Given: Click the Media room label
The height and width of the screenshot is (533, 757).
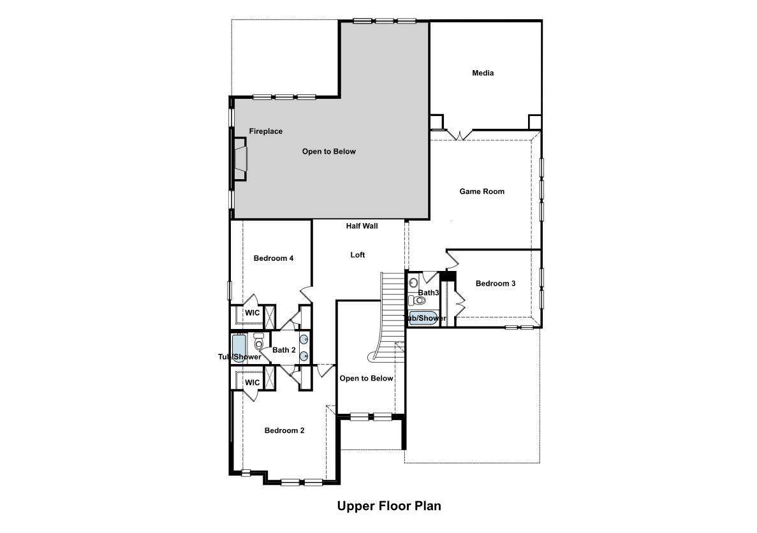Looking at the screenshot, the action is (x=483, y=73).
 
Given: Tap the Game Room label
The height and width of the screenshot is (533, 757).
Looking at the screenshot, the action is (x=482, y=191).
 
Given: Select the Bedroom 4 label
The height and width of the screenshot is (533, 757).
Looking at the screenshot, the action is (x=273, y=258).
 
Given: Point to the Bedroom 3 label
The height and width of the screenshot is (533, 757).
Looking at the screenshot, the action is (x=496, y=284).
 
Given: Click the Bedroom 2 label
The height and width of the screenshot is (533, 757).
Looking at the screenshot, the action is (x=284, y=430).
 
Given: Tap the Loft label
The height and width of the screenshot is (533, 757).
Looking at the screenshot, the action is (x=358, y=255).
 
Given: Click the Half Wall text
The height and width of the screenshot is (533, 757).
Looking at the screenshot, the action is (x=362, y=226).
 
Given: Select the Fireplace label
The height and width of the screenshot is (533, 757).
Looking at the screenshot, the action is (x=265, y=131).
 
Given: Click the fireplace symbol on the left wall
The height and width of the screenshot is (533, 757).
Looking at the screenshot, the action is (x=240, y=159).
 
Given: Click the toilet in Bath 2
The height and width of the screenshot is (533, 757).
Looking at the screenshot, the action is (x=259, y=342).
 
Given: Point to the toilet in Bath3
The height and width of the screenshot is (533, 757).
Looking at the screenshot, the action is (x=418, y=301).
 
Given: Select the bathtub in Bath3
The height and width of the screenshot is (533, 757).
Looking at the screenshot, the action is (x=422, y=318).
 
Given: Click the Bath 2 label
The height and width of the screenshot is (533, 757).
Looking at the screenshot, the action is (x=284, y=350).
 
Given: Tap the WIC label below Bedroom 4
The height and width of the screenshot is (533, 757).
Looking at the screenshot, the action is (x=252, y=313).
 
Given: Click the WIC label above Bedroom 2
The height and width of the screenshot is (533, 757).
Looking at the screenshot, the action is (x=252, y=383).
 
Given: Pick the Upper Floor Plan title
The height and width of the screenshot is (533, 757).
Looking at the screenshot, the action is (x=389, y=506).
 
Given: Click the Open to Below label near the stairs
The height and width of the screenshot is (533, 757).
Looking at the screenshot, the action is (x=366, y=379).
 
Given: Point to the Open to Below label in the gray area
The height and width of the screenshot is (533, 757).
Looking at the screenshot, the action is (x=329, y=152).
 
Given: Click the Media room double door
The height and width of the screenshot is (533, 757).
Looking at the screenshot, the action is (x=458, y=135).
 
